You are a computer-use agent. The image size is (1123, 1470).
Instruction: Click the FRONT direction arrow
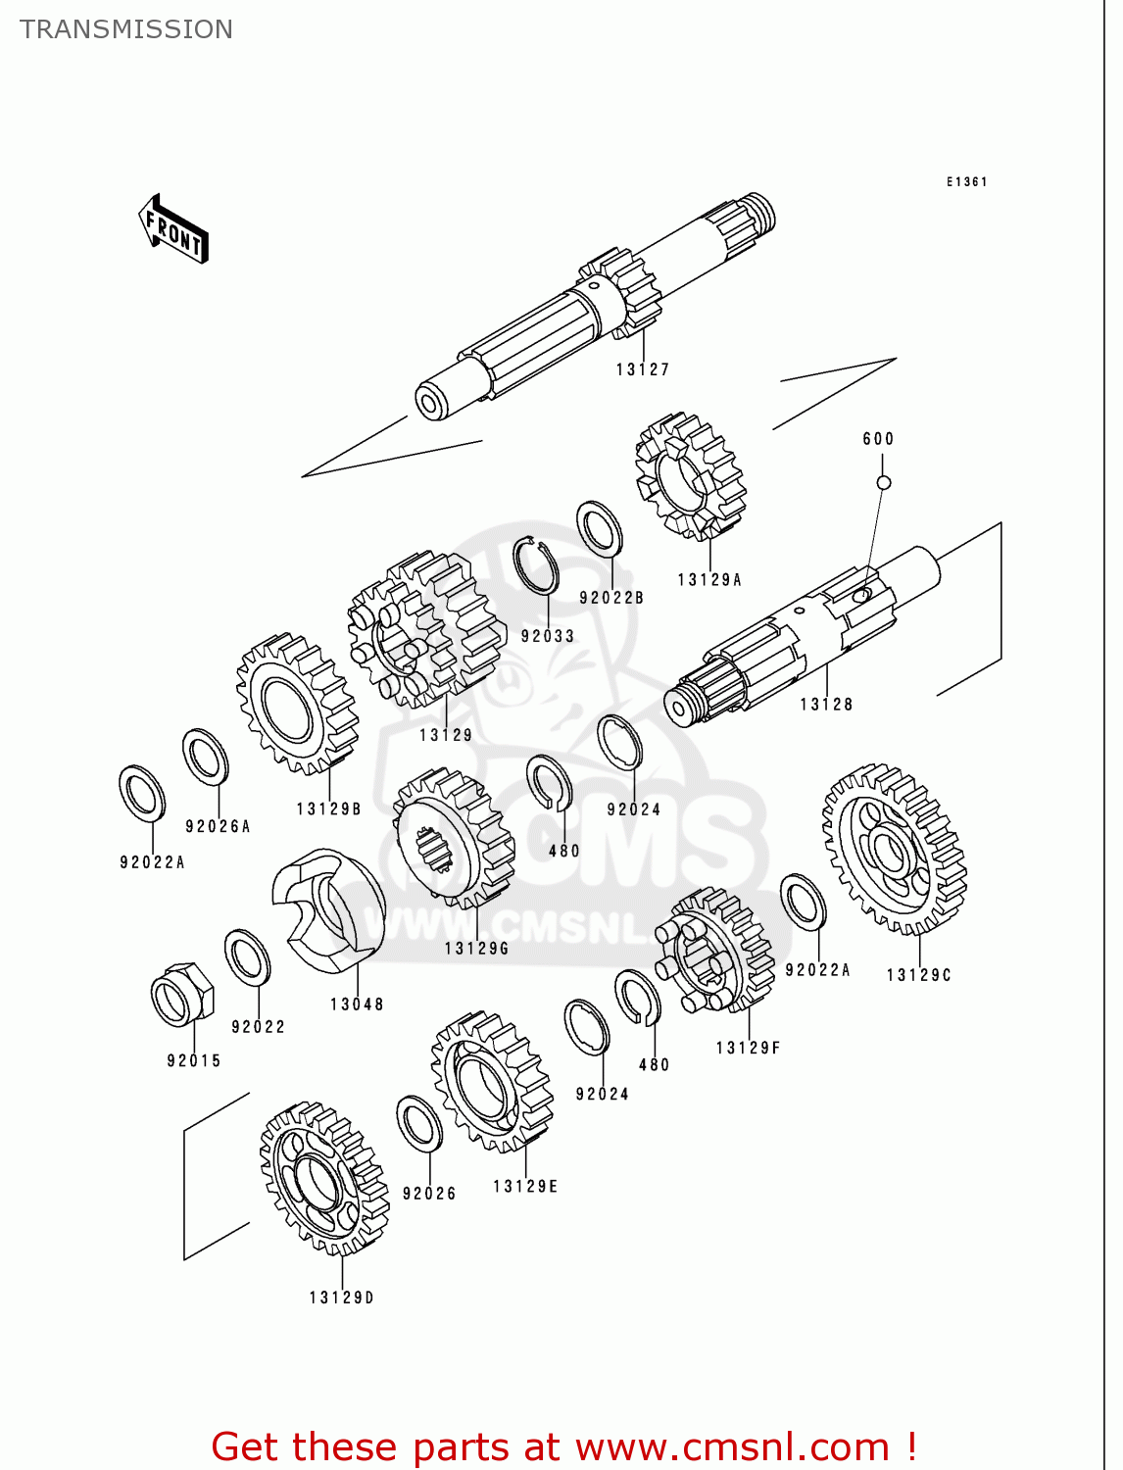click(174, 229)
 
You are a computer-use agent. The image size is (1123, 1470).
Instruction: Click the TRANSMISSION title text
click(126, 29)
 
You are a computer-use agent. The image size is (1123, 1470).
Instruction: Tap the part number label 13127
click(643, 369)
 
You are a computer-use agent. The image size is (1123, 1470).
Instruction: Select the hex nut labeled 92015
click(183, 995)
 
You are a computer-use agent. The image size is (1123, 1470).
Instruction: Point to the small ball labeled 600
click(883, 482)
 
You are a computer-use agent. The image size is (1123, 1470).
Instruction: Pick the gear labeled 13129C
click(894, 849)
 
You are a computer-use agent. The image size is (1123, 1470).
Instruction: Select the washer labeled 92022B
click(600, 528)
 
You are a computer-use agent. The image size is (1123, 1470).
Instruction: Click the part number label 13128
click(826, 705)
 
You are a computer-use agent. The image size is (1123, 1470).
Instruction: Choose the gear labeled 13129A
click(690, 476)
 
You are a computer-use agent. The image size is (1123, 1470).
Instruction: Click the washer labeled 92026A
click(205, 757)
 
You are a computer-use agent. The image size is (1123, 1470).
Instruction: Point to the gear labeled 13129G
click(453, 837)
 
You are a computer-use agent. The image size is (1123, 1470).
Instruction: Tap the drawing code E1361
click(966, 181)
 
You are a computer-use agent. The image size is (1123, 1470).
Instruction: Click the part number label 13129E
click(525, 1187)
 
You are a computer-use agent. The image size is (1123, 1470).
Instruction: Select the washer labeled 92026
click(419, 1123)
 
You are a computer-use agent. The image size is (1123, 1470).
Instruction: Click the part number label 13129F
click(748, 1048)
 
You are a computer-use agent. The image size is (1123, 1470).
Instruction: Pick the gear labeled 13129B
click(296, 703)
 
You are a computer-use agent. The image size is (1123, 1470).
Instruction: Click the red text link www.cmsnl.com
click(731, 1447)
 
